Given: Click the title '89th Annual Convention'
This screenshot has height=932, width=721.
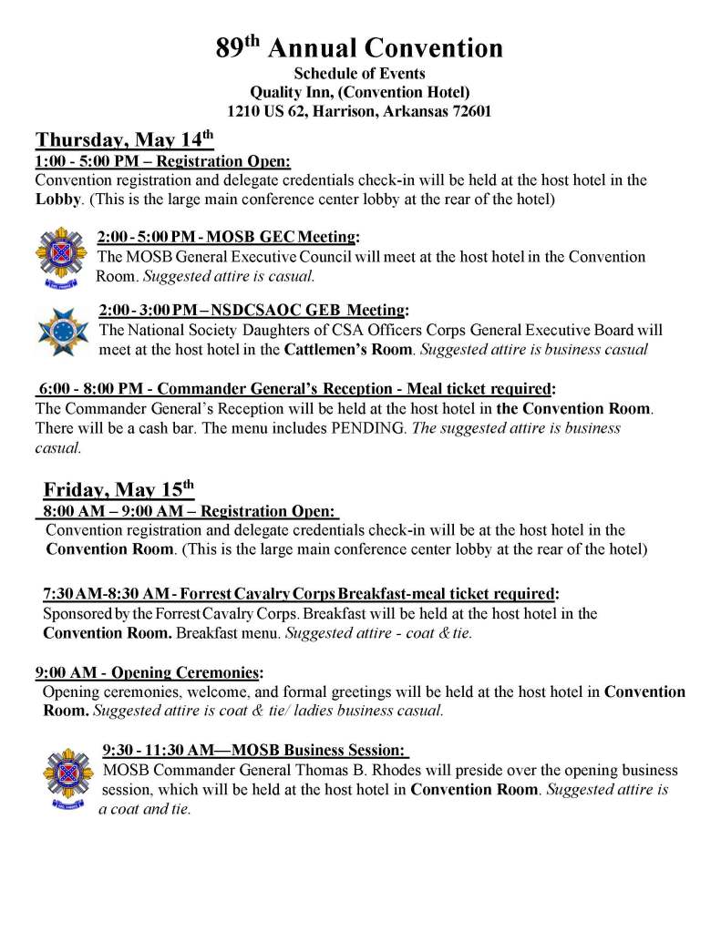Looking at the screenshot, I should (359, 47).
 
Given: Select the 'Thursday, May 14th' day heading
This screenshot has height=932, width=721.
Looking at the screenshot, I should (124, 140).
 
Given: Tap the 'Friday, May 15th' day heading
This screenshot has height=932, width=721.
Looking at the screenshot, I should (118, 489).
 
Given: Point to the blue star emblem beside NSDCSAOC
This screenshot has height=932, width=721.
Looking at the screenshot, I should (61, 331).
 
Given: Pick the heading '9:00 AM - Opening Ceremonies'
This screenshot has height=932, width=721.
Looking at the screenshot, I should (147, 673).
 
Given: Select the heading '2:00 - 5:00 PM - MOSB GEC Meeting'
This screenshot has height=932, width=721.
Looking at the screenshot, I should (226, 238).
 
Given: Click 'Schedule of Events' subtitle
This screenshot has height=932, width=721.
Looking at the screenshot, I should (359, 73).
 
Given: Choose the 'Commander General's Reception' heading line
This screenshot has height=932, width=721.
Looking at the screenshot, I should (297, 389).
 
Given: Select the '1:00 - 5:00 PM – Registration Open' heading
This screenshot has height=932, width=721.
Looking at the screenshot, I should (162, 161).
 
